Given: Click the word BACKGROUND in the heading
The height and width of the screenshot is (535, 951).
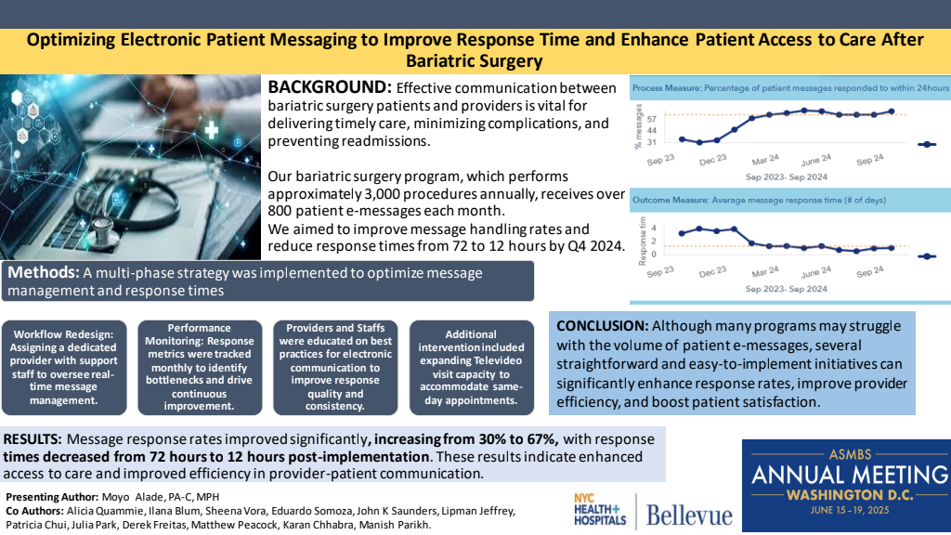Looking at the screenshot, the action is click(x=330, y=87).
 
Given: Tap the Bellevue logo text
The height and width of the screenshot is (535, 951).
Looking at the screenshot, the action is click(x=688, y=515).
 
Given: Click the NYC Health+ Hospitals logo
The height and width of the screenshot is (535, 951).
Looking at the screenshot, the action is click(x=599, y=510).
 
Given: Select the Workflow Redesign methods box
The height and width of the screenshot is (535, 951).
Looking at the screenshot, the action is click(x=64, y=368).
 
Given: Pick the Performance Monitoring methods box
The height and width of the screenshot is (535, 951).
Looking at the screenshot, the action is click(x=200, y=368).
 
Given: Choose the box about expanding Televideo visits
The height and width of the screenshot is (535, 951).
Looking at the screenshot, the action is click(x=471, y=368).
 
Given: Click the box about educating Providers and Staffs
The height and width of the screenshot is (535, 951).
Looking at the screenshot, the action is click(x=335, y=368).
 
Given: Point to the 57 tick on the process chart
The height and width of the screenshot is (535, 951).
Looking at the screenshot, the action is click(x=652, y=120).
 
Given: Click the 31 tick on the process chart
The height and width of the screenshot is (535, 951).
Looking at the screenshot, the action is click(x=652, y=142).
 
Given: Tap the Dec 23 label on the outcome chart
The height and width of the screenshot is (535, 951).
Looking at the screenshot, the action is click(x=712, y=272).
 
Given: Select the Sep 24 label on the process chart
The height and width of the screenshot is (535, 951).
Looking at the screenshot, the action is click(x=869, y=160).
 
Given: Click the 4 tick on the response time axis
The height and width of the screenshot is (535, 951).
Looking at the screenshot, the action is click(x=654, y=228).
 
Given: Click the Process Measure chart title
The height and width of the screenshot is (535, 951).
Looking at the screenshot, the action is click(x=790, y=88).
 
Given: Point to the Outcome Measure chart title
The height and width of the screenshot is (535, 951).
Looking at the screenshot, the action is click(x=759, y=201).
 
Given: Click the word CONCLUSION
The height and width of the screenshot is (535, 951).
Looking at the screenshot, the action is click(x=602, y=326).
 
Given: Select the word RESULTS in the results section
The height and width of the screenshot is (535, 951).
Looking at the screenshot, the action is click(x=33, y=439).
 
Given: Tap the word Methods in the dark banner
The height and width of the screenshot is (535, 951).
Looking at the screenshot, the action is click(x=43, y=272).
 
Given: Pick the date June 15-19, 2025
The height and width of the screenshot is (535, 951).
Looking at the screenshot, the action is click(x=850, y=510).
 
